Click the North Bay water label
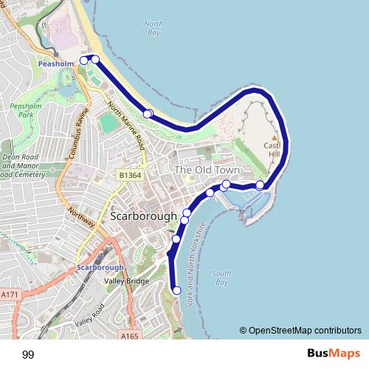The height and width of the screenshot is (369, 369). click(x=154, y=29)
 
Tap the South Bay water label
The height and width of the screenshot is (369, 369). click(x=221, y=278)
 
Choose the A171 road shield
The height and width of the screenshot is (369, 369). click(x=10, y=294)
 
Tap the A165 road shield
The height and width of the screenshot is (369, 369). click(x=129, y=334)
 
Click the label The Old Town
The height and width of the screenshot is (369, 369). click(x=203, y=170)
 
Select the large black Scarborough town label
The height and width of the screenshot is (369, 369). click(x=144, y=217)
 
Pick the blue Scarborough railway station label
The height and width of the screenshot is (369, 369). click(x=100, y=268)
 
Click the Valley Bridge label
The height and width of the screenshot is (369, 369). click(x=125, y=280)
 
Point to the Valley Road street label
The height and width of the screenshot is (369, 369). click(x=89, y=315)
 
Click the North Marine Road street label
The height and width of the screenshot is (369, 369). click(x=126, y=132)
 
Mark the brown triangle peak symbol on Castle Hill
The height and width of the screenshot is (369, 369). click(x=274, y=137)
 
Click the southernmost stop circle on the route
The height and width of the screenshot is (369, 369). click(x=176, y=291)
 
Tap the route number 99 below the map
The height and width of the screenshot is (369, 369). click(x=28, y=355)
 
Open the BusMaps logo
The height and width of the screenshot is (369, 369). click(x=330, y=354)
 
